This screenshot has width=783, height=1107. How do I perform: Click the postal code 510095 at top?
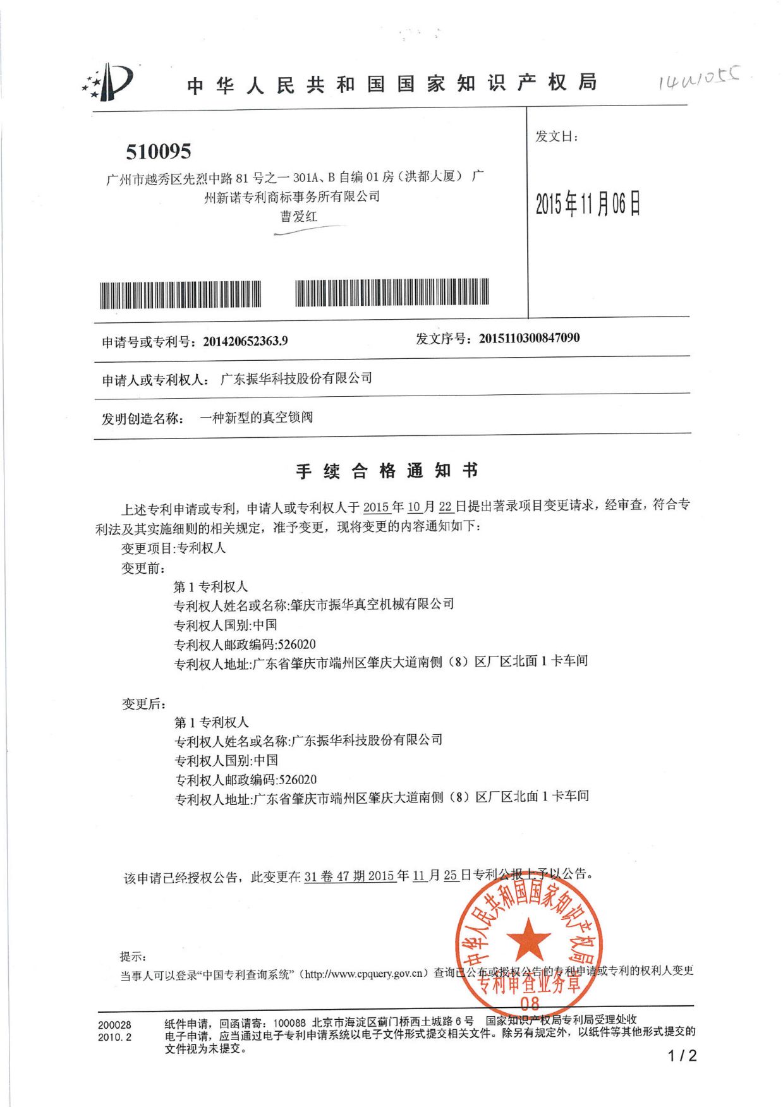tap(158, 152)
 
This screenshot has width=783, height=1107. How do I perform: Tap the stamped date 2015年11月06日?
tap(588, 203)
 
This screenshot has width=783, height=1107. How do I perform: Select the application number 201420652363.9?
tap(245, 341)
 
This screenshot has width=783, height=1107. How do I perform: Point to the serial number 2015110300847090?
tap(529, 338)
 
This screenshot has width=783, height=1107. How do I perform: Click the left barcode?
tap(181, 294)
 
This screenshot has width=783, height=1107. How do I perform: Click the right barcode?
tap(392, 292)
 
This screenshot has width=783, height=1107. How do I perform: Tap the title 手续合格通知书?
tap(387, 471)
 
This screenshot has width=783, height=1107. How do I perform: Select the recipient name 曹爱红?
tap(299, 217)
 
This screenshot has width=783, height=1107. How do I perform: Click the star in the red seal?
tap(528, 940)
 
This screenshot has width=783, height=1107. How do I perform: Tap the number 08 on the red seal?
tap(530, 1003)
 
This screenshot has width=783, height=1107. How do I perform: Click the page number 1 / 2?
tap(682, 1055)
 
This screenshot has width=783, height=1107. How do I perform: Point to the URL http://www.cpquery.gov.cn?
tap(366, 974)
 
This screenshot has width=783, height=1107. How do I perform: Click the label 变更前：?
tap(143, 568)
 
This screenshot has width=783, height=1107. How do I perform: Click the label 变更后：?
tap(144, 704)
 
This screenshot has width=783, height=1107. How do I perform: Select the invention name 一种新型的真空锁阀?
tap(256, 418)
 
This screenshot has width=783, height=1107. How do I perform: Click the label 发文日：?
tap(557, 136)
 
